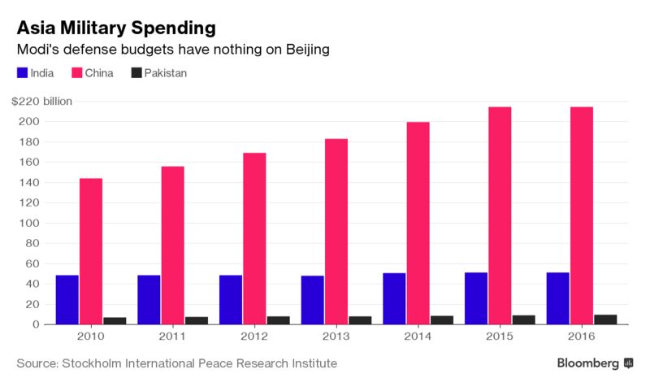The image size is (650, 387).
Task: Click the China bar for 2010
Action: click(x=91, y=251)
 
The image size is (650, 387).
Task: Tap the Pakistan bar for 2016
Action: click(x=605, y=320)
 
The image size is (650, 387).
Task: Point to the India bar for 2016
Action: click(x=558, y=298)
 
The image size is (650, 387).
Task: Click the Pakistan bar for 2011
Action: click(x=197, y=320)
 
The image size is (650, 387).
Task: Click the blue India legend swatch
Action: click(x=22, y=73)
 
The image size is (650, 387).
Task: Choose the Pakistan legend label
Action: click(x=166, y=73)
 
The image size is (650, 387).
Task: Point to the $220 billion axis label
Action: click(x=41, y=102)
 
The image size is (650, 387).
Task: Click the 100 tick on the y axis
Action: click(x=32, y=223)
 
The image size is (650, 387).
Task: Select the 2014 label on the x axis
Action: click(x=418, y=337)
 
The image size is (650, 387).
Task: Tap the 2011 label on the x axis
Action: click(x=172, y=337)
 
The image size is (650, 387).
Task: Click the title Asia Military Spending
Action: click(x=116, y=28)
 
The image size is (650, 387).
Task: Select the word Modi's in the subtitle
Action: click(x=37, y=50)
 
